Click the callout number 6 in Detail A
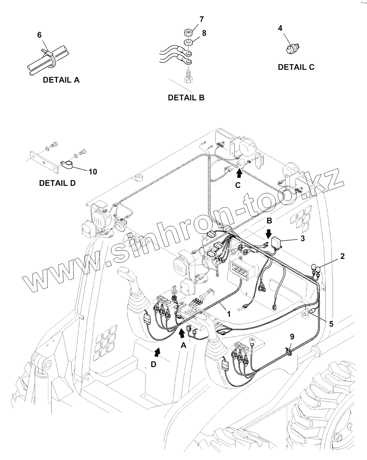coord(39,35)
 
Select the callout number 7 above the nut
coord(192,19)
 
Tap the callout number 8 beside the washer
coord(204,33)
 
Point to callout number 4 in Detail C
coord(280,28)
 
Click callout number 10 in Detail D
coord(92,172)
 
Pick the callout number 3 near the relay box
coord(303,238)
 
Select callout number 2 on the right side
coord(343,256)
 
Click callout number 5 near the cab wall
coord(331,323)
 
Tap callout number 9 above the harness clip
coord(292,336)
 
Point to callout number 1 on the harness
coord(228,314)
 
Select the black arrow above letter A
coord(182,332)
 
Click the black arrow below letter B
coord(269,233)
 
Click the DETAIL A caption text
coord(61,80)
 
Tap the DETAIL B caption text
coord(186,98)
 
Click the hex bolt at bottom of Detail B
coord(188,77)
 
